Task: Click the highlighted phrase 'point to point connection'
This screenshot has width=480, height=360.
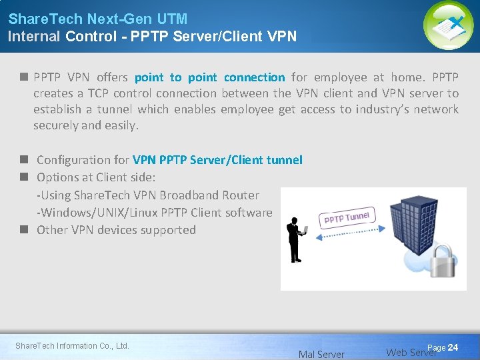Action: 209,77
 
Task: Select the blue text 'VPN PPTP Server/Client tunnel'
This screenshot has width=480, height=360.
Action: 217,160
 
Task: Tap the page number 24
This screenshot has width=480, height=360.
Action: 453,348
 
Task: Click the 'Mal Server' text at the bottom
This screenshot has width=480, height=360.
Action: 321,355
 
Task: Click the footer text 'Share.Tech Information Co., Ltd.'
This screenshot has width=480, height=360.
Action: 72,345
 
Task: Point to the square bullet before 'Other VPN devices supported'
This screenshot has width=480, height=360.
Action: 23,229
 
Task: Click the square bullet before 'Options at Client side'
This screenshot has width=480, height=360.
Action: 23,177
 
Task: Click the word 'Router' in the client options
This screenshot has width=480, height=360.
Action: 241,195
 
